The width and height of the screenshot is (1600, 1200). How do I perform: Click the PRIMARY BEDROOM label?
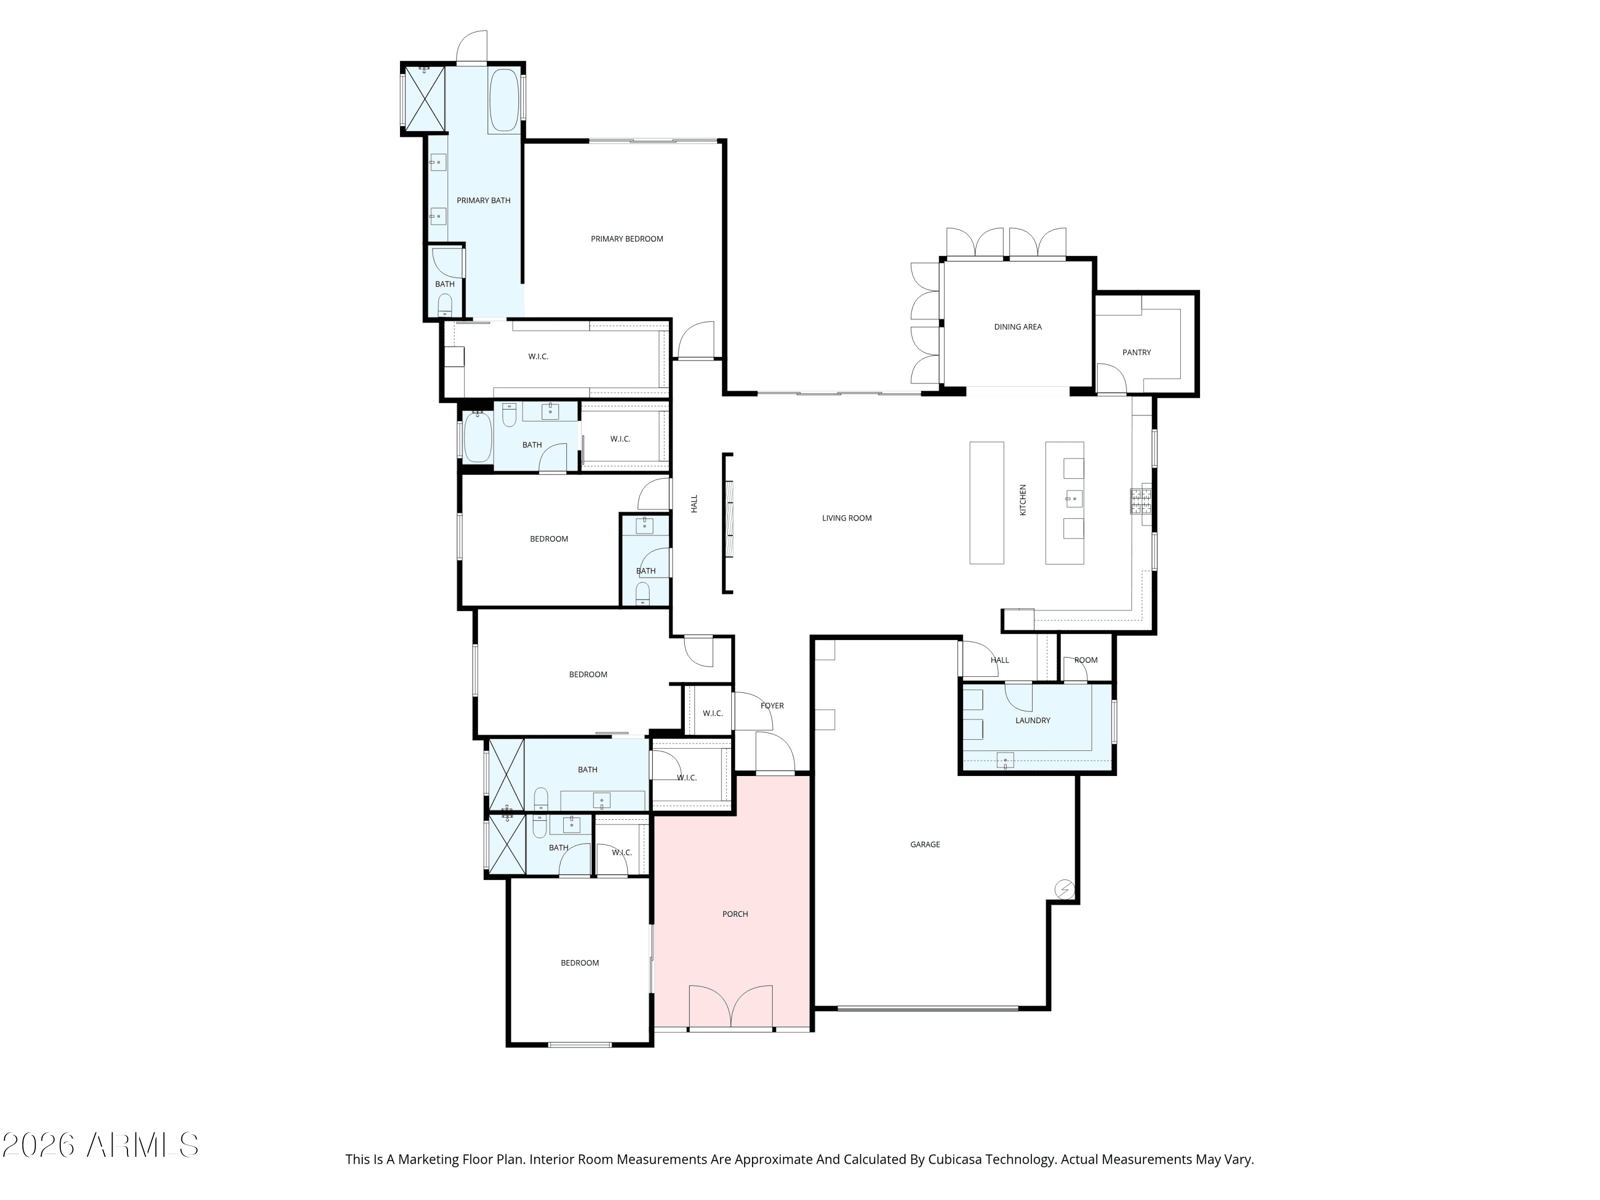[x=627, y=239]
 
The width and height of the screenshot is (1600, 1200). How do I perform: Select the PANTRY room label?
[x=1137, y=352]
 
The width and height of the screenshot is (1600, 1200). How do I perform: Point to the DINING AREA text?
[x=1017, y=327]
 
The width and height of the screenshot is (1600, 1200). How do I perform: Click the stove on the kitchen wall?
[x=1141, y=501]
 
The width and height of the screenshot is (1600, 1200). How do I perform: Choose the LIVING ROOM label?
[x=846, y=518]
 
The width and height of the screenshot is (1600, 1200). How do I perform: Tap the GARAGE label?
[x=924, y=844]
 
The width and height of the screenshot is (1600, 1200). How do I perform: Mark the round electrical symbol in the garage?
[x=1064, y=889]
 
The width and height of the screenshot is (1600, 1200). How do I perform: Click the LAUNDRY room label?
[x=1032, y=721]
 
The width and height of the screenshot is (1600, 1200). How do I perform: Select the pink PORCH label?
[x=735, y=914]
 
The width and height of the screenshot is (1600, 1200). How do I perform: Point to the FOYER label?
[x=772, y=705]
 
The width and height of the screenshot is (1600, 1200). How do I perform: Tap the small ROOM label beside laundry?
[x=1085, y=660]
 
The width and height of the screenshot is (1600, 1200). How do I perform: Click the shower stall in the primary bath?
[x=424, y=98]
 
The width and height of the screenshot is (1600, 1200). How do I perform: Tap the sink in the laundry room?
[x=1005, y=760]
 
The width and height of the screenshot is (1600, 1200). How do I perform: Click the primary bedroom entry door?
[x=696, y=341]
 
